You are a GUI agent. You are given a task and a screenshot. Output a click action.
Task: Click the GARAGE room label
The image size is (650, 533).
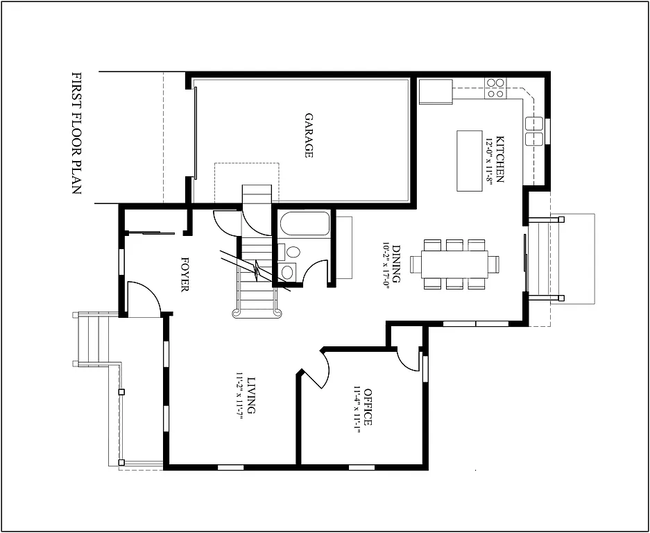(309, 135)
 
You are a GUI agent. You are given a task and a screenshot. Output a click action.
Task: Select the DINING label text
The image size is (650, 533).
(396, 264)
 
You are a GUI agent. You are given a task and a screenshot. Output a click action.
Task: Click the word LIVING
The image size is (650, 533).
(251, 395)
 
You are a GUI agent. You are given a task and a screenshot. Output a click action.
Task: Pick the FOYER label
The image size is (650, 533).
(185, 275)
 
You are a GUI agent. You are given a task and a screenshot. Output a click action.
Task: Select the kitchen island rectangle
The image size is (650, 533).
(468, 160)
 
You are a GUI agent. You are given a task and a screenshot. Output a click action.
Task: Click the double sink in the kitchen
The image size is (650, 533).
(534, 131)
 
